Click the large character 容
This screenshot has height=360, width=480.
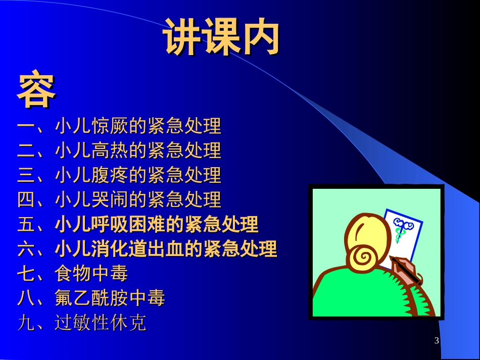[36, 91]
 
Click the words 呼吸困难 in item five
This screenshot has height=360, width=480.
[129, 224]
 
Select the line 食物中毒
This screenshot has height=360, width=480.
[91, 274]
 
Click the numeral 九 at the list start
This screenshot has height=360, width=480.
[26, 323]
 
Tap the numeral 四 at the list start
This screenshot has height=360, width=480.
[26, 200]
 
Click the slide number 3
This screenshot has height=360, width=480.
[437, 341]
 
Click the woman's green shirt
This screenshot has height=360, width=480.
[354, 295]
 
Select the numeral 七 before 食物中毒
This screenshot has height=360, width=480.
[26, 274]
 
